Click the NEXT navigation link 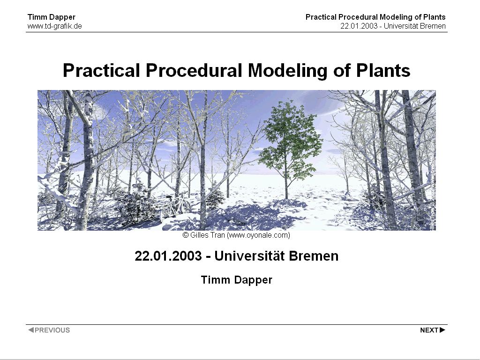(433, 330)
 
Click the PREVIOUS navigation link (49, 330)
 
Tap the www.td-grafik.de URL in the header (55, 26)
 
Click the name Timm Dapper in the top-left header (52, 17)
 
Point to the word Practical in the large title (101, 70)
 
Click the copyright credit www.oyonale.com (258, 235)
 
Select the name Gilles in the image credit (198, 235)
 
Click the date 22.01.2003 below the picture (168, 256)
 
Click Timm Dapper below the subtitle (237, 280)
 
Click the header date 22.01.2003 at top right (359, 26)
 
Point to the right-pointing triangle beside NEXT (442, 330)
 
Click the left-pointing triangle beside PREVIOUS (31, 330)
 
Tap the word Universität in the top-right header (401, 26)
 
